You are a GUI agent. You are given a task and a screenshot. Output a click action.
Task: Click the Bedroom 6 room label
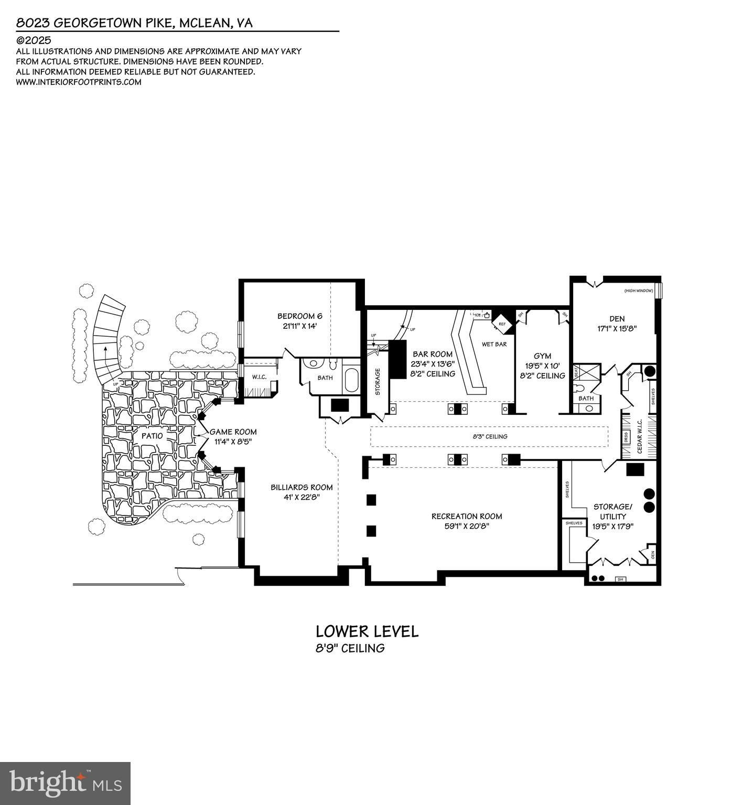tap(299, 316)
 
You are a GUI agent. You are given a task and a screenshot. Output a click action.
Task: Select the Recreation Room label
tap(467, 516)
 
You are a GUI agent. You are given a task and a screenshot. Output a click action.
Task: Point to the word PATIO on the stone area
tap(152, 435)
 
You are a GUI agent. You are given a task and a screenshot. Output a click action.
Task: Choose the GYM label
tap(543, 356)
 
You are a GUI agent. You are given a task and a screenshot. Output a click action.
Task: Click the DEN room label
tap(617, 318)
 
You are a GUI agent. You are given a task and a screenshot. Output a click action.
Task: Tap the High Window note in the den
tap(638, 291)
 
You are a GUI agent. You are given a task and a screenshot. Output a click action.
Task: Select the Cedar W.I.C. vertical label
tap(640, 436)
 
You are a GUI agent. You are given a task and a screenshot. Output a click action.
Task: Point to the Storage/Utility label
tap(613, 511)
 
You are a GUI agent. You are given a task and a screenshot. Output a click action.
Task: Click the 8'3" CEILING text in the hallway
tap(489, 436)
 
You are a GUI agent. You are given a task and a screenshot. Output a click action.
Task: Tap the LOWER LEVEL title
tap(367, 631)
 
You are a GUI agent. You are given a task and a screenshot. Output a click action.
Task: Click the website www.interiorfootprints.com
tap(79, 82)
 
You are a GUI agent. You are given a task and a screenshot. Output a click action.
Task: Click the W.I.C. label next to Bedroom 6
tap(259, 377)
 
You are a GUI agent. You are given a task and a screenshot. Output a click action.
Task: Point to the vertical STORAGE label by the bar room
tap(378, 382)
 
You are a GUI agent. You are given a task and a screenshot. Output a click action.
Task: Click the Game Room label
tap(233, 432)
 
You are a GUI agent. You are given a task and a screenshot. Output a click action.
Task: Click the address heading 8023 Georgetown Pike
tap(134, 23)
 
